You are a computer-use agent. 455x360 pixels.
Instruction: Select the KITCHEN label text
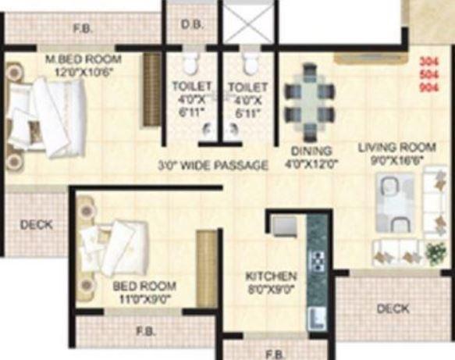(271, 276)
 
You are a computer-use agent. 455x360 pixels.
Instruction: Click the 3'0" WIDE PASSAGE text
(213, 166)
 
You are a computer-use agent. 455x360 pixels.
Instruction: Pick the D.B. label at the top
(191, 25)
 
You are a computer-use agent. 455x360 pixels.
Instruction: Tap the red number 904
(429, 88)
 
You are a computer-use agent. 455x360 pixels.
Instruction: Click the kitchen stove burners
(318, 259)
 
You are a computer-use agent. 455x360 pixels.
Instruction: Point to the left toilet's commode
(190, 64)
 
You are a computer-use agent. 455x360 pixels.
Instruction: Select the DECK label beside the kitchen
(393, 308)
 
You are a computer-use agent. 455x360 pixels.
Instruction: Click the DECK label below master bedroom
(36, 225)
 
